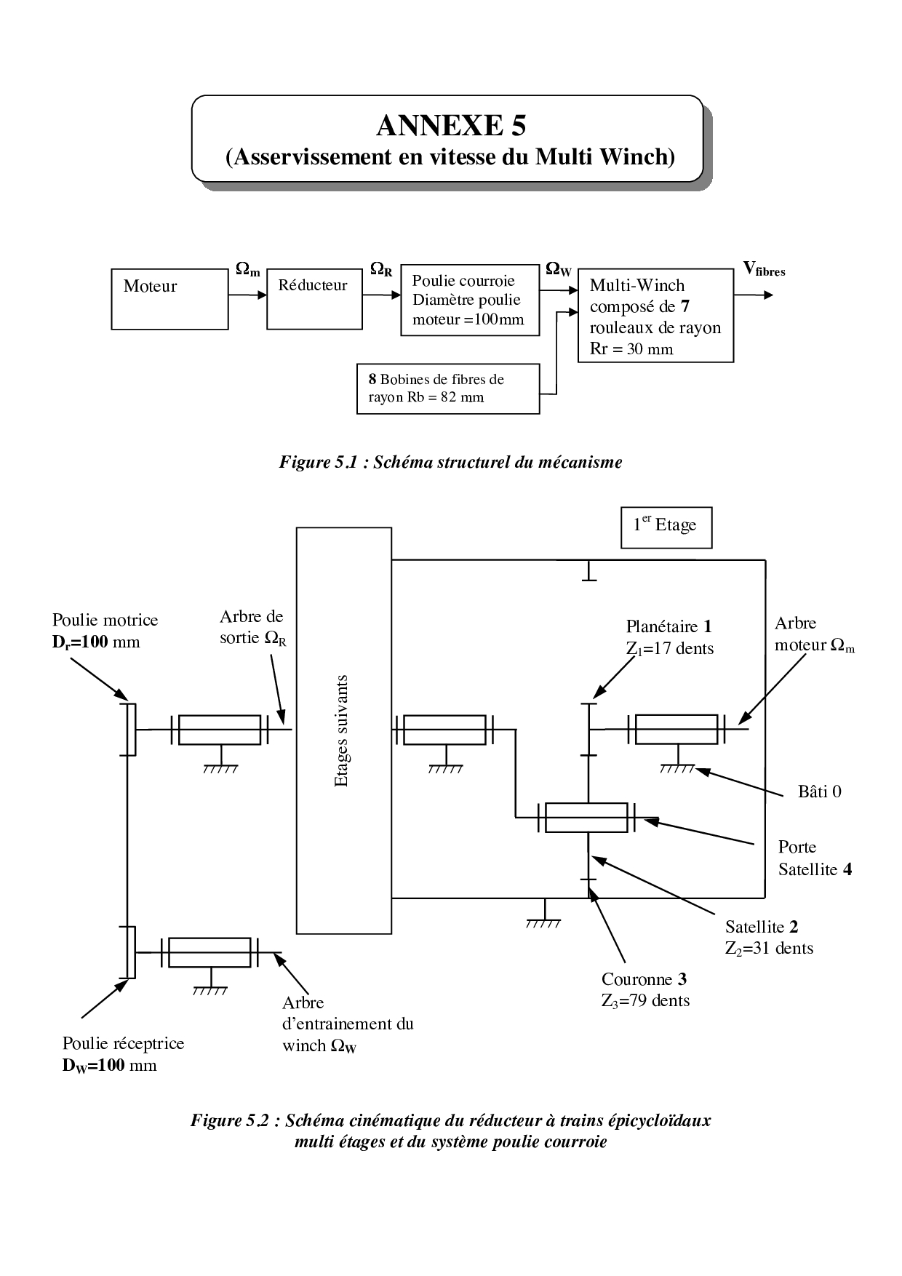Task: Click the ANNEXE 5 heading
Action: click(450, 126)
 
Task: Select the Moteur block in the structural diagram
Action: click(169, 299)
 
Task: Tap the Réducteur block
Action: click(314, 298)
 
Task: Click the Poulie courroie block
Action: click(470, 300)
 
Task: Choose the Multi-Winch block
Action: click(655, 315)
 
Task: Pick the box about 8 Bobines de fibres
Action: click(448, 388)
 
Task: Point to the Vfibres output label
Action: click(764, 270)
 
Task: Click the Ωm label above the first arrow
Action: click(247, 269)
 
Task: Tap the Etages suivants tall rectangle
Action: click(343, 730)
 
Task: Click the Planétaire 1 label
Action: click(668, 626)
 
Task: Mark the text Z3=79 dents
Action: click(645, 1000)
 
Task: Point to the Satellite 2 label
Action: click(761, 927)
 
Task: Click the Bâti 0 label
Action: click(819, 791)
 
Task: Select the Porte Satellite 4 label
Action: click(814, 858)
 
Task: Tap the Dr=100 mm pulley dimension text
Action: click(95, 642)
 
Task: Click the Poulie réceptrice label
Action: click(123, 1043)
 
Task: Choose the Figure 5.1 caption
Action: click(450, 462)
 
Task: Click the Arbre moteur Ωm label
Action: click(813, 634)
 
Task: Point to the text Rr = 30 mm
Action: click(631, 349)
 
